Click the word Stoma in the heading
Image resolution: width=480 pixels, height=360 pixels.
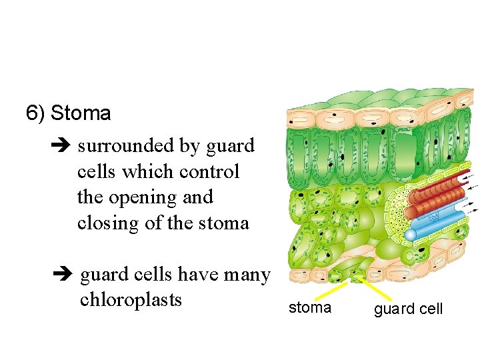click(81, 113)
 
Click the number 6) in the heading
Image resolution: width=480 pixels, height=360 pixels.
click(35, 113)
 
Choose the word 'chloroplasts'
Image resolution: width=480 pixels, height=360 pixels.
click(131, 300)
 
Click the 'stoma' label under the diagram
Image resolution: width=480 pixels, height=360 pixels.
click(309, 307)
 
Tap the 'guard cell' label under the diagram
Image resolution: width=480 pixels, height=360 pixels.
click(408, 309)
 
